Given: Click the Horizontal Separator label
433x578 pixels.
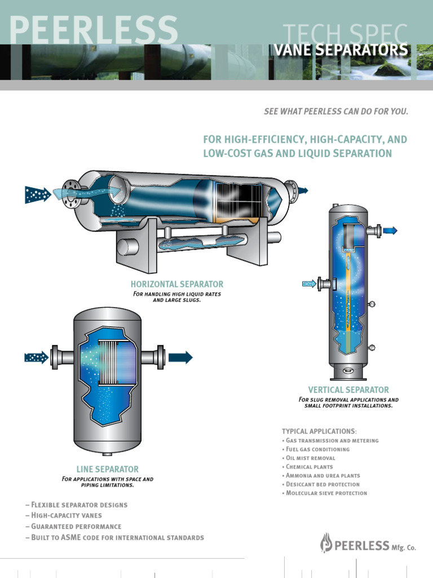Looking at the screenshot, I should (x=177, y=284).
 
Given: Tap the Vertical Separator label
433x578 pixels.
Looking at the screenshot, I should (x=348, y=389).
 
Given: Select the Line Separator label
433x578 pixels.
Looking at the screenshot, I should (x=107, y=469).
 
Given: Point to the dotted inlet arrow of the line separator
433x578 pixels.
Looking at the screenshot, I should (x=37, y=357).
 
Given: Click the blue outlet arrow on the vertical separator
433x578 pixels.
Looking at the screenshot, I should (x=390, y=230).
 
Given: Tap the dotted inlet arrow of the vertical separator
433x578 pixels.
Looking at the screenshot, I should (x=309, y=283).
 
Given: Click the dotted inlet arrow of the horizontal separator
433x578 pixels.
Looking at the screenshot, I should (x=38, y=195).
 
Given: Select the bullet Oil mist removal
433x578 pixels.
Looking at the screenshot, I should (x=311, y=458).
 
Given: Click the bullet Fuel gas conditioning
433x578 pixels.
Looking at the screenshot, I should (x=318, y=449).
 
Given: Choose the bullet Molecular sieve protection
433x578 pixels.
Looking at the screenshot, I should (x=326, y=493).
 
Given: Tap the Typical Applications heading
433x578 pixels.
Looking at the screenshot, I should (x=319, y=431).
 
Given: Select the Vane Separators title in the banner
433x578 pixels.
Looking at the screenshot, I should (x=341, y=50).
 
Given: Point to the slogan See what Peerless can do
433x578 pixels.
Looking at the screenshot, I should (x=335, y=111).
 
